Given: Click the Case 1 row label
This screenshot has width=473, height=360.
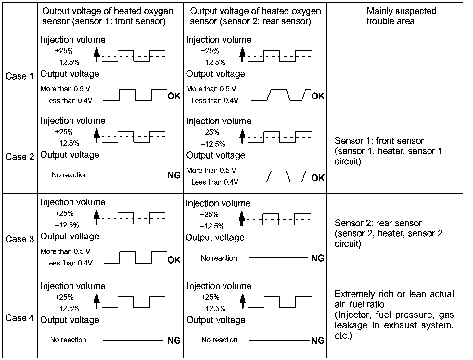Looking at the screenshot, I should pos(20,76).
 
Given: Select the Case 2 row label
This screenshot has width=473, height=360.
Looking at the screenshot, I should pos(20,157).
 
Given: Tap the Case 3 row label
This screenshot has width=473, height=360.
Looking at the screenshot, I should pos(20,239).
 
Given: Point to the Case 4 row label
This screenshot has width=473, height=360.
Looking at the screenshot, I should pos(20,318).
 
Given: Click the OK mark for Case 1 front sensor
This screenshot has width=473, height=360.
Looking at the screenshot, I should pos(174,96).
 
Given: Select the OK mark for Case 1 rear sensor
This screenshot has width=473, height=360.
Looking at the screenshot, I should pos(318,96).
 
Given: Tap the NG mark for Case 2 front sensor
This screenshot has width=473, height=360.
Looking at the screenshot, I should pos(174,175).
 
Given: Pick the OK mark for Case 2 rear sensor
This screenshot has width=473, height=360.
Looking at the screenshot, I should pos(318,178).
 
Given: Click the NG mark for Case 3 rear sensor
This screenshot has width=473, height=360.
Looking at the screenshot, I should pos(318,258).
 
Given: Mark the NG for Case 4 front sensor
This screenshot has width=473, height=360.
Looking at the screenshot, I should pos(174,341).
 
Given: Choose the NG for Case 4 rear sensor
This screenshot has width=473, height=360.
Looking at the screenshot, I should pos(318,341).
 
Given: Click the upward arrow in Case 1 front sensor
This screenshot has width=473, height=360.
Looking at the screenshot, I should pos(96,55).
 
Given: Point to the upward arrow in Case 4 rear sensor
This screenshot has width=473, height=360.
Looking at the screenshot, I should pos(242,301).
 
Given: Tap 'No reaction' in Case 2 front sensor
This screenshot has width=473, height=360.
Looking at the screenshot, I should pos(70,175).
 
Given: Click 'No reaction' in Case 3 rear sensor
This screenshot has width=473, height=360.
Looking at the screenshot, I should pos(219,258).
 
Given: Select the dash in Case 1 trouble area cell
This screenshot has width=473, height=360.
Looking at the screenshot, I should pos(395,72).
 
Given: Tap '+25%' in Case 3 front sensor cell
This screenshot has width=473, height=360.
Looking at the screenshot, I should pos(64,213).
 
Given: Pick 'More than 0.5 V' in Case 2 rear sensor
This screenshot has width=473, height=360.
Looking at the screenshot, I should pos(211,171).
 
